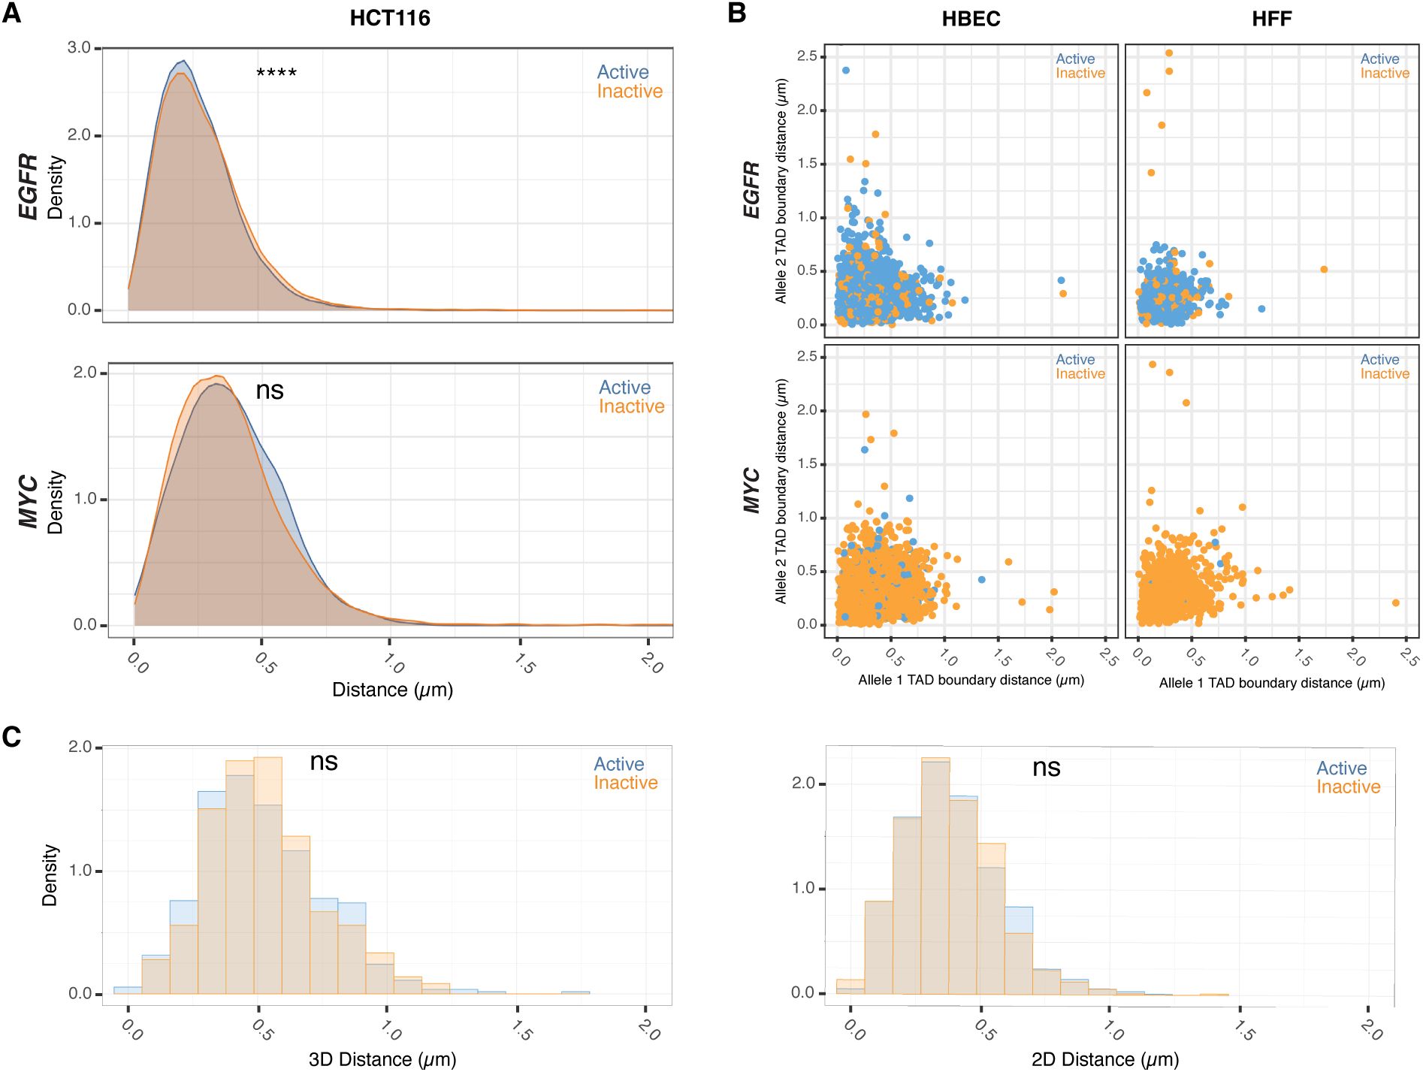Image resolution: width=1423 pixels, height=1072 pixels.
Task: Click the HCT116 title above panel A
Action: pyautogui.click(x=389, y=18)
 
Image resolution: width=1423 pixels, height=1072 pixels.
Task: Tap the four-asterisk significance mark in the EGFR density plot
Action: pyautogui.click(x=276, y=73)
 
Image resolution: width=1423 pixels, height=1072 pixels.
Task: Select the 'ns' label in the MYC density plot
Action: pyautogui.click(x=270, y=391)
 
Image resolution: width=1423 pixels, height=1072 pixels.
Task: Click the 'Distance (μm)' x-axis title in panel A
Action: pyautogui.click(x=392, y=690)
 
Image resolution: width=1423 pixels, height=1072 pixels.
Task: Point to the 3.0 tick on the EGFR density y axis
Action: pyautogui.click(x=79, y=48)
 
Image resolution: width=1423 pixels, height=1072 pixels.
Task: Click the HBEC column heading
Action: pyautogui.click(x=971, y=19)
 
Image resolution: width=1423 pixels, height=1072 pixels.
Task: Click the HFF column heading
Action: pyautogui.click(x=1271, y=19)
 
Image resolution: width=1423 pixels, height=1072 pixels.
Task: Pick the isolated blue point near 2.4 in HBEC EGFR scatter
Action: pyautogui.click(x=846, y=71)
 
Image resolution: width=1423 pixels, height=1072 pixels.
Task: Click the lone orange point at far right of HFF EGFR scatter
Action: pyautogui.click(x=1324, y=270)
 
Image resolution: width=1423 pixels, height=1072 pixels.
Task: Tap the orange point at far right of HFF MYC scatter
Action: pyautogui.click(x=1396, y=603)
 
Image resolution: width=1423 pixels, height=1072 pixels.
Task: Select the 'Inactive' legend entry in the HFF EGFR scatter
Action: pyautogui.click(x=1385, y=74)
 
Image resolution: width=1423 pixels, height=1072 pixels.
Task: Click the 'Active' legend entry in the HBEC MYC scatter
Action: pyautogui.click(x=1075, y=360)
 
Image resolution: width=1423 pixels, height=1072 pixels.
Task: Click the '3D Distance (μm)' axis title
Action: pyautogui.click(x=382, y=1059)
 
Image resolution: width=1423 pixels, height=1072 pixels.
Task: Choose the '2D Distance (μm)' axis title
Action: pyautogui.click(x=1104, y=1059)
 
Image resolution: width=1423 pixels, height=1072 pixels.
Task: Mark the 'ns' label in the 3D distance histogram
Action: pyautogui.click(x=324, y=762)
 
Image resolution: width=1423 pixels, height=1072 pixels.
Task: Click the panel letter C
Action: pyautogui.click(x=11, y=737)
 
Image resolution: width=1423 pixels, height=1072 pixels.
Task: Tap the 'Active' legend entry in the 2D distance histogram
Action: pyautogui.click(x=1341, y=769)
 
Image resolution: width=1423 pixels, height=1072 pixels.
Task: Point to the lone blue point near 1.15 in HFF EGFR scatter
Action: pyautogui.click(x=1261, y=309)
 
